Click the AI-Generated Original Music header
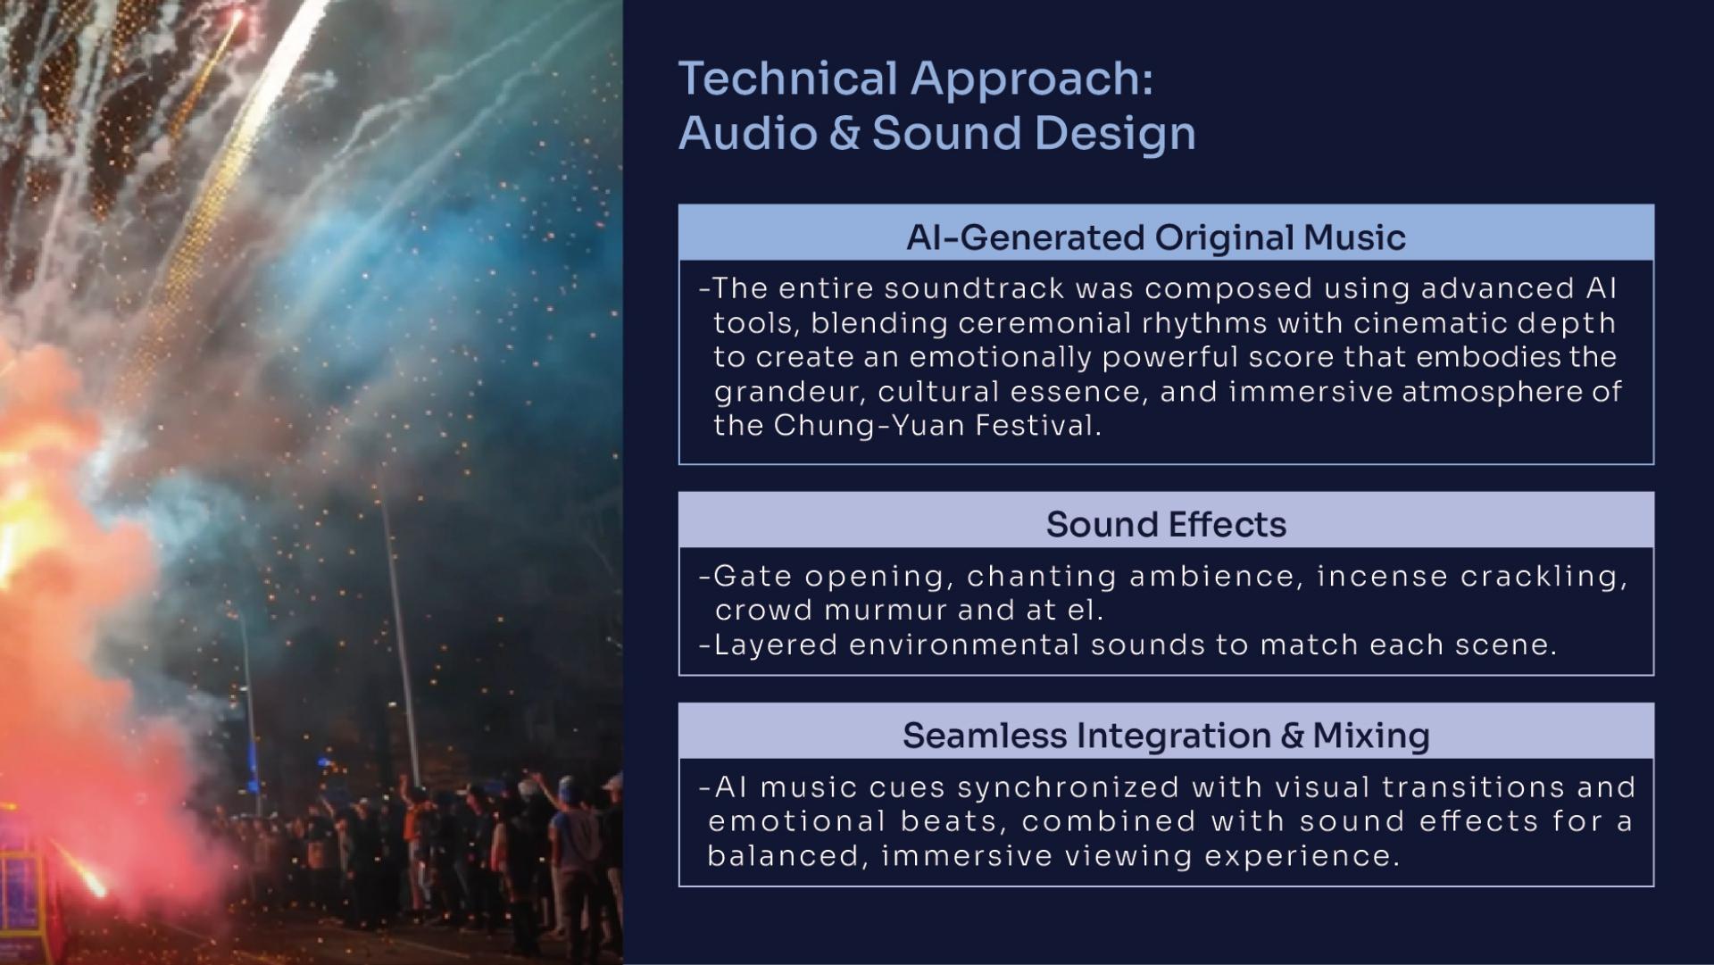1156,237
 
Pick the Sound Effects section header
1166,524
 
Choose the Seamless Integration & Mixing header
1166,736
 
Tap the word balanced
789,855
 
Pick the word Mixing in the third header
1371,736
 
